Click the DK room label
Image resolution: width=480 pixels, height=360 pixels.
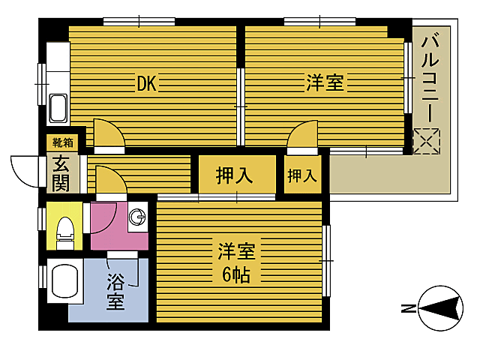click(147, 83)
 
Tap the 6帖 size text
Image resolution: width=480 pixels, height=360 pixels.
click(236, 274)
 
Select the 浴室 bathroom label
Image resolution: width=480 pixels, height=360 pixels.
click(115, 291)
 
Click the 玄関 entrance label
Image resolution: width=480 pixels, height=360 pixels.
click(61, 174)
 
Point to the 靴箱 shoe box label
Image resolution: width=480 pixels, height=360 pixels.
click(63, 142)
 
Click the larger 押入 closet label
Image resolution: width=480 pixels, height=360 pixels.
click(235, 175)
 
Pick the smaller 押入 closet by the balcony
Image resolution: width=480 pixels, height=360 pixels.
click(302, 175)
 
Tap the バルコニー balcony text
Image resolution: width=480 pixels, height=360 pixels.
click(430, 79)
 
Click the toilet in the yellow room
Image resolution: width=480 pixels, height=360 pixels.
click(65, 233)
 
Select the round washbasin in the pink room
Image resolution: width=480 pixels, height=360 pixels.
click(137, 217)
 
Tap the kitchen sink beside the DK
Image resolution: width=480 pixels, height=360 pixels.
click(58, 108)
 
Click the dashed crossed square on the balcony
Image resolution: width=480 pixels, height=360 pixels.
click(427, 141)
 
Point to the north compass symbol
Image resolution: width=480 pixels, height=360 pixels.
click(440, 308)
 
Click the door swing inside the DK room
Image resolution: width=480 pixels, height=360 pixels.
click(109, 133)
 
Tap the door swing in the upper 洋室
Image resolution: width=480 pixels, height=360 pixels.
click(301, 134)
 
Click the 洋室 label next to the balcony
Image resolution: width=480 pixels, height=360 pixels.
click(325, 83)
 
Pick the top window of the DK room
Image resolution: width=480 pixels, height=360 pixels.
click(139, 22)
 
